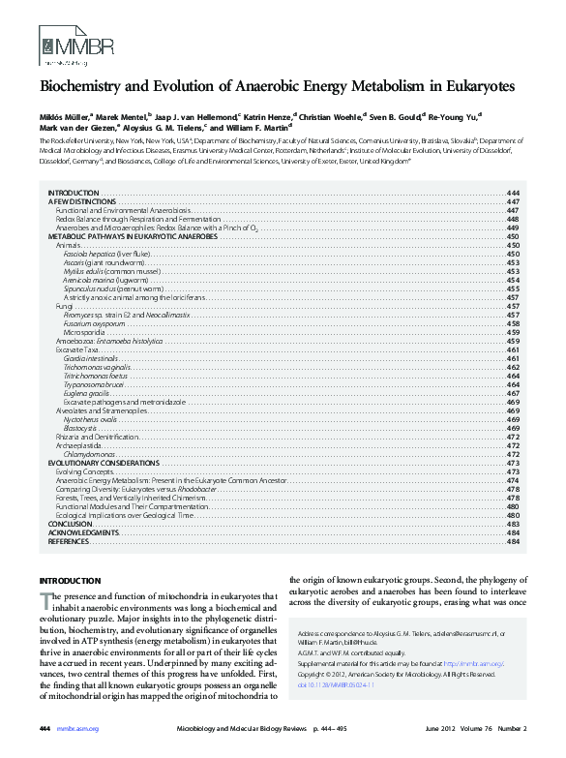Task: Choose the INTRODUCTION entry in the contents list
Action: pyautogui.click(x=73, y=194)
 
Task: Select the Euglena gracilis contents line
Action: pyautogui.click(x=86, y=393)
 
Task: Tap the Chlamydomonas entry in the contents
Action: pyautogui.click(x=89, y=454)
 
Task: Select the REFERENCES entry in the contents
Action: pyautogui.click(x=69, y=542)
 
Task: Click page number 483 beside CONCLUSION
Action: pyautogui.click(x=514, y=524)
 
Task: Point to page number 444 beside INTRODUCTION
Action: pyautogui.click(x=514, y=194)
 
